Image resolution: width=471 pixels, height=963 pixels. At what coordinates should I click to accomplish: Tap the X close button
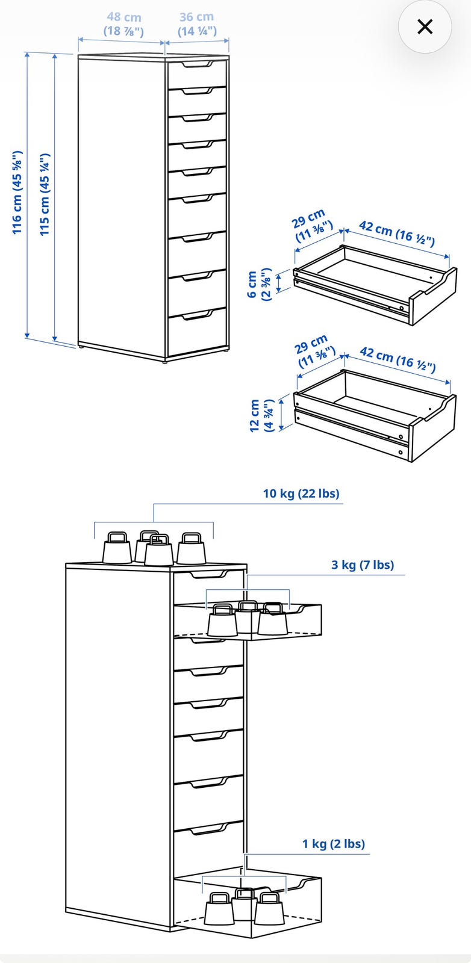pos(425,26)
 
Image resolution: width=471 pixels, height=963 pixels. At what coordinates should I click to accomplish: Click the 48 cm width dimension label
pos(123,24)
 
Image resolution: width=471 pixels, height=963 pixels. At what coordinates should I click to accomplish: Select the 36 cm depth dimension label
pos(197,24)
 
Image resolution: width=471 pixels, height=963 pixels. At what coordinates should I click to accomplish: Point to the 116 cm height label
pos(17,192)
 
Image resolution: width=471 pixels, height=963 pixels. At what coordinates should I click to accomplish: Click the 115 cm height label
pos(45,194)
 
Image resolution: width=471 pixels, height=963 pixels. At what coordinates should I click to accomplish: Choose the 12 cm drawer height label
pos(261,416)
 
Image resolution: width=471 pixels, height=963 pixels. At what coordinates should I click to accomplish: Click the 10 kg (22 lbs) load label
pos(301,493)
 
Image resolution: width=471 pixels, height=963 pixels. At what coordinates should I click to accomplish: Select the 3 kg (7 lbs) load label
pos(362,565)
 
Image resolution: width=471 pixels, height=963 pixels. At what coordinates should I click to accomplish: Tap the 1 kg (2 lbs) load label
pos(333,843)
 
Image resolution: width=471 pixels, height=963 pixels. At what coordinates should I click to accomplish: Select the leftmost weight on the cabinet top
pos(117,548)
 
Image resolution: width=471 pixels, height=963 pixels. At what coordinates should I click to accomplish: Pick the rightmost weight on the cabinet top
pos(192,548)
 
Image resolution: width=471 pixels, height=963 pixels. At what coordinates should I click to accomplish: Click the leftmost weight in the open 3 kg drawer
pos(222,621)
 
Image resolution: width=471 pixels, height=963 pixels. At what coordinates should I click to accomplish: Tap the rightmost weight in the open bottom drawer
pos(270,909)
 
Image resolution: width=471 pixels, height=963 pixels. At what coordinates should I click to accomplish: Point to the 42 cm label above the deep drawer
pos(398,359)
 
